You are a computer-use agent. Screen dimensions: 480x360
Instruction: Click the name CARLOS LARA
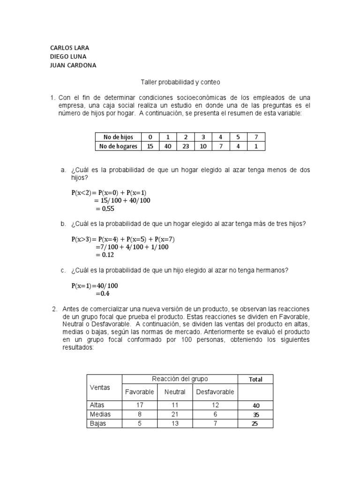click(69, 48)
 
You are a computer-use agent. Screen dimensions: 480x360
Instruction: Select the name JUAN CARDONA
click(73, 65)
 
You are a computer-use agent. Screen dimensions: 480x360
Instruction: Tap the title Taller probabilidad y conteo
click(180, 82)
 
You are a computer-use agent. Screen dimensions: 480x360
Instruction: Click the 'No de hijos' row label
click(116, 137)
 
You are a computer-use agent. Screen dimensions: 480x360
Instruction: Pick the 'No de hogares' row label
click(118, 146)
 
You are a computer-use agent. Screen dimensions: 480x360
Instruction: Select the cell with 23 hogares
click(185, 146)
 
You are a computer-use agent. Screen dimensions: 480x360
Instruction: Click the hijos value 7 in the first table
click(255, 137)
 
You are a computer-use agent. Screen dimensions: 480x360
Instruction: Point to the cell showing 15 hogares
click(150, 146)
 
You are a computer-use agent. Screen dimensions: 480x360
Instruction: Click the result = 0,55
click(105, 209)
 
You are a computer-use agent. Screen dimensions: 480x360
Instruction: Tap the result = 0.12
click(105, 255)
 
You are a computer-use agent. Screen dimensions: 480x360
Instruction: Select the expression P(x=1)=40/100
click(95, 285)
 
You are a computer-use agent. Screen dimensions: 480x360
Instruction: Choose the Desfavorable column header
click(215, 392)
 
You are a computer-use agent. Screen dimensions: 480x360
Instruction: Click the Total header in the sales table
click(255, 379)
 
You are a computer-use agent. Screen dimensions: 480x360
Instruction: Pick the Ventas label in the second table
click(99, 388)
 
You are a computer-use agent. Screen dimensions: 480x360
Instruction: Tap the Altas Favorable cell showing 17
click(140, 405)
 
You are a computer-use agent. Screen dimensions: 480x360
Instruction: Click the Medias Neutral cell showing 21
click(175, 414)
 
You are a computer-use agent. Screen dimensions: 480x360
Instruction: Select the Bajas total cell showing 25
click(255, 424)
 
